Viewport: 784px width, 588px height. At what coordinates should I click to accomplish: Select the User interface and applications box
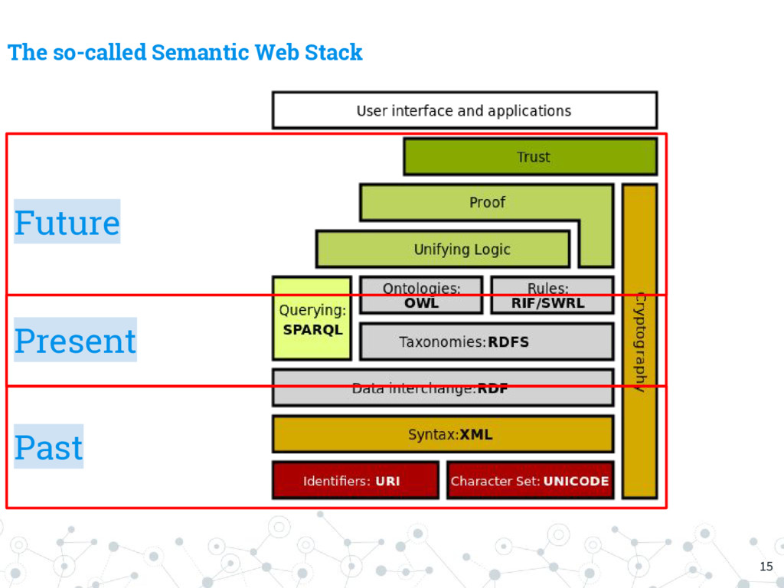pyautogui.click(x=464, y=110)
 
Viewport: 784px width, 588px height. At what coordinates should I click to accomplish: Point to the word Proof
pyautogui.click(x=488, y=202)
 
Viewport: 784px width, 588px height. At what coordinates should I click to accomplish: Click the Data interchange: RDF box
pyautogui.click(x=443, y=388)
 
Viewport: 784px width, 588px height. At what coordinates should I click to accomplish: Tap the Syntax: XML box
pyautogui.click(x=443, y=434)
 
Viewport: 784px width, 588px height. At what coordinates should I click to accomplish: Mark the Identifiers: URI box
pyautogui.click(x=355, y=481)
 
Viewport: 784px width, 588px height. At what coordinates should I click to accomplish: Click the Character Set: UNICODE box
pyautogui.click(x=530, y=481)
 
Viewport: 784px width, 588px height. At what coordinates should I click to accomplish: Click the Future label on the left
pyautogui.click(x=67, y=222)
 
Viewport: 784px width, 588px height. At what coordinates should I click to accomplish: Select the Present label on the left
pyautogui.click(x=75, y=340)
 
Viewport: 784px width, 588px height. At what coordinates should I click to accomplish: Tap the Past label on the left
pyautogui.click(x=48, y=446)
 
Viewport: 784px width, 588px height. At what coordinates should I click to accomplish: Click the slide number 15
pyautogui.click(x=766, y=567)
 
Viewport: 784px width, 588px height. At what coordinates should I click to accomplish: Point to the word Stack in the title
pyautogui.click(x=333, y=53)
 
